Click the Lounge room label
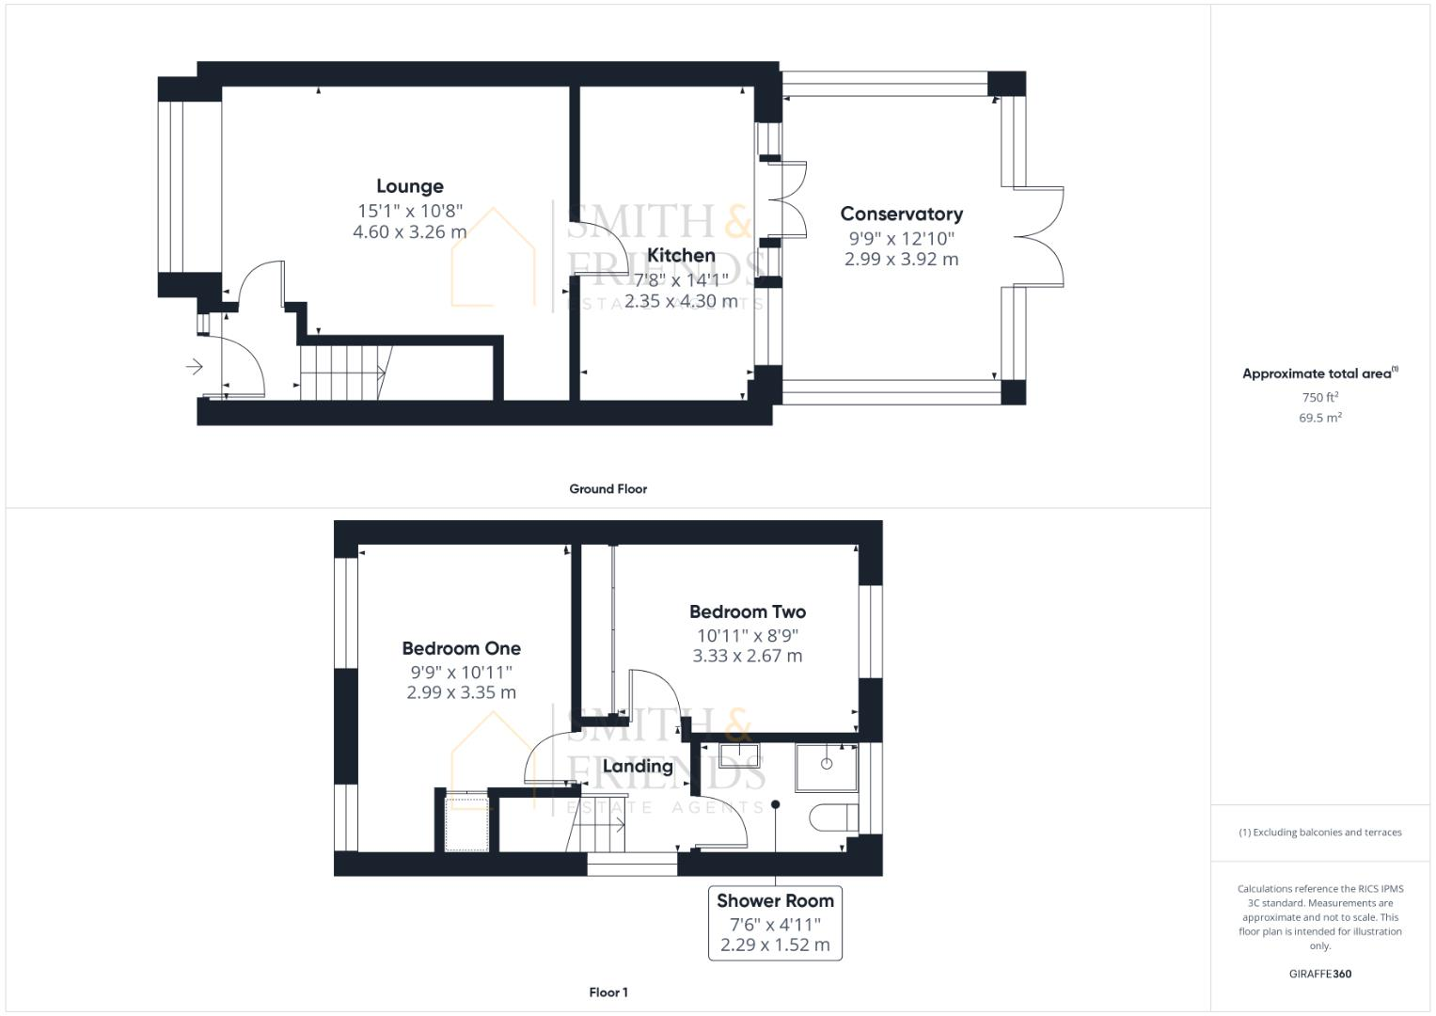pyautogui.click(x=409, y=186)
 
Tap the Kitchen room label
pyautogui.click(x=681, y=255)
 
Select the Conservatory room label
pyautogui.click(x=901, y=214)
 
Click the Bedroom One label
pyautogui.click(x=461, y=648)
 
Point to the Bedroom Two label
pyautogui.click(x=747, y=611)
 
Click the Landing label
pyautogui.click(x=638, y=766)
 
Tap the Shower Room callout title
pyautogui.click(x=775, y=900)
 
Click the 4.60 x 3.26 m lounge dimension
pyautogui.click(x=409, y=231)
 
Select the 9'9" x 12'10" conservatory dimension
pyautogui.click(x=901, y=239)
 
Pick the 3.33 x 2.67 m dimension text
pyautogui.click(x=747, y=656)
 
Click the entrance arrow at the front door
pyautogui.click(x=195, y=366)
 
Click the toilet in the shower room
pyautogui.click(x=833, y=817)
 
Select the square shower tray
pyautogui.click(x=827, y=766)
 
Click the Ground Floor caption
pyautogui.click(x=608, y=489)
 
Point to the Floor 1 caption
pyautogui.click(x=608, y=992)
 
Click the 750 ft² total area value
pyautogui.click(x=1319, y=397)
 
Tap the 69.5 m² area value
pyautogui.click(x=1319, y=418)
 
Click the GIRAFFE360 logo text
pyautogui.click(x=1319, y=974)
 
